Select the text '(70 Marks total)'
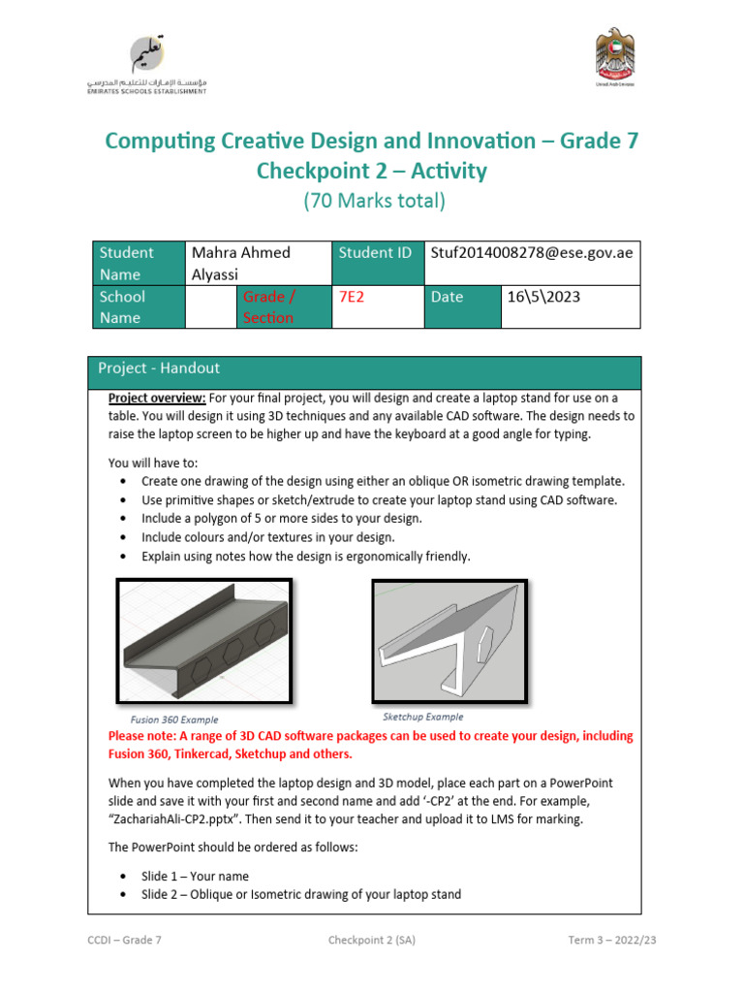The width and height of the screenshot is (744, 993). [x=373, y=202]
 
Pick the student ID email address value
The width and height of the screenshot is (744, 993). [x=531, y=252]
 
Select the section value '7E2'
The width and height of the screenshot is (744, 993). [x=348, y=297]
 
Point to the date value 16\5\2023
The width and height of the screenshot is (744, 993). [x=543, y=297]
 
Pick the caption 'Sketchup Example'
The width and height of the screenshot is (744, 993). [x=422, y=717]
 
